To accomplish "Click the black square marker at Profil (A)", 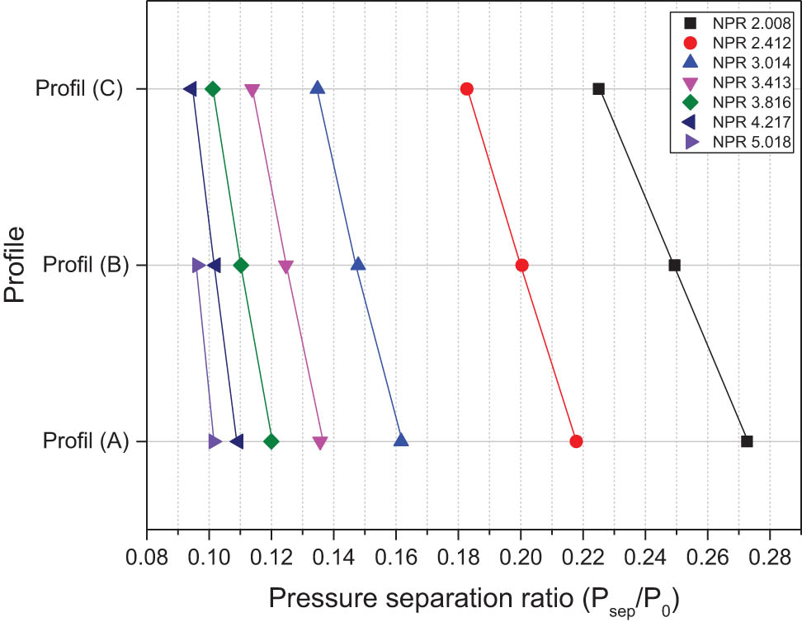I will [747, 441].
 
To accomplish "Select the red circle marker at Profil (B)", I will [521, 265].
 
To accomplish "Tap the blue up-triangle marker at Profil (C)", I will [317, 88].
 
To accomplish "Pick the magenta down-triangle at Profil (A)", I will [320, 443].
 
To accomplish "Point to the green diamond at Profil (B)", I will [241, 265].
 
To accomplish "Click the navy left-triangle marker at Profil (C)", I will [190, 88].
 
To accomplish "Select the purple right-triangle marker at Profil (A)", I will [215, 441].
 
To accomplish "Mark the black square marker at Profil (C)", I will [599, 88].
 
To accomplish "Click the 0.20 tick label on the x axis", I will [521, 549].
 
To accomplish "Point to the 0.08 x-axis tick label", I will [147, 549].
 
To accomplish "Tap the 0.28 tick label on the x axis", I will [771, 549].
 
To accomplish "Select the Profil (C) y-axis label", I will [79, 88].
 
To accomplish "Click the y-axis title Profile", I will [15, 265].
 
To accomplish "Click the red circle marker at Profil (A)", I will [576, 441].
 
